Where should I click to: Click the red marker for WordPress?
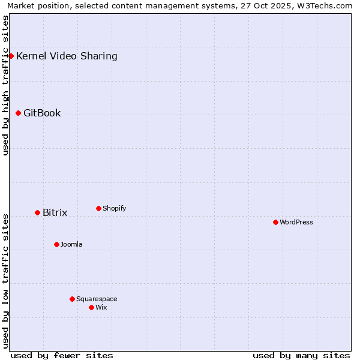275,222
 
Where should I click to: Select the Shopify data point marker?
98,208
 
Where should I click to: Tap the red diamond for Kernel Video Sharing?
11,56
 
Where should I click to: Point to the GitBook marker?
18,113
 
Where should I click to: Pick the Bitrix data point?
37,212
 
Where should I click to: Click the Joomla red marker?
56,244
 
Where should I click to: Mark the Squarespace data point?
72,299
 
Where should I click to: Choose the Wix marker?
91,307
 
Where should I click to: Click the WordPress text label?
296,222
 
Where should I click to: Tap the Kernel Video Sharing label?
67,56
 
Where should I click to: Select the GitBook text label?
42,113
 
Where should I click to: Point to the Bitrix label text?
55,213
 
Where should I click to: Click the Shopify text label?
114,208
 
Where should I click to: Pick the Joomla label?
71,244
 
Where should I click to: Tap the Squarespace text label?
97,299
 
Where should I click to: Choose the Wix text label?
101,307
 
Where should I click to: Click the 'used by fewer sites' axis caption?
62,355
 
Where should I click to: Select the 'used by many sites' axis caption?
301,355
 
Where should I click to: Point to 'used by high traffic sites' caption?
5,85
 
